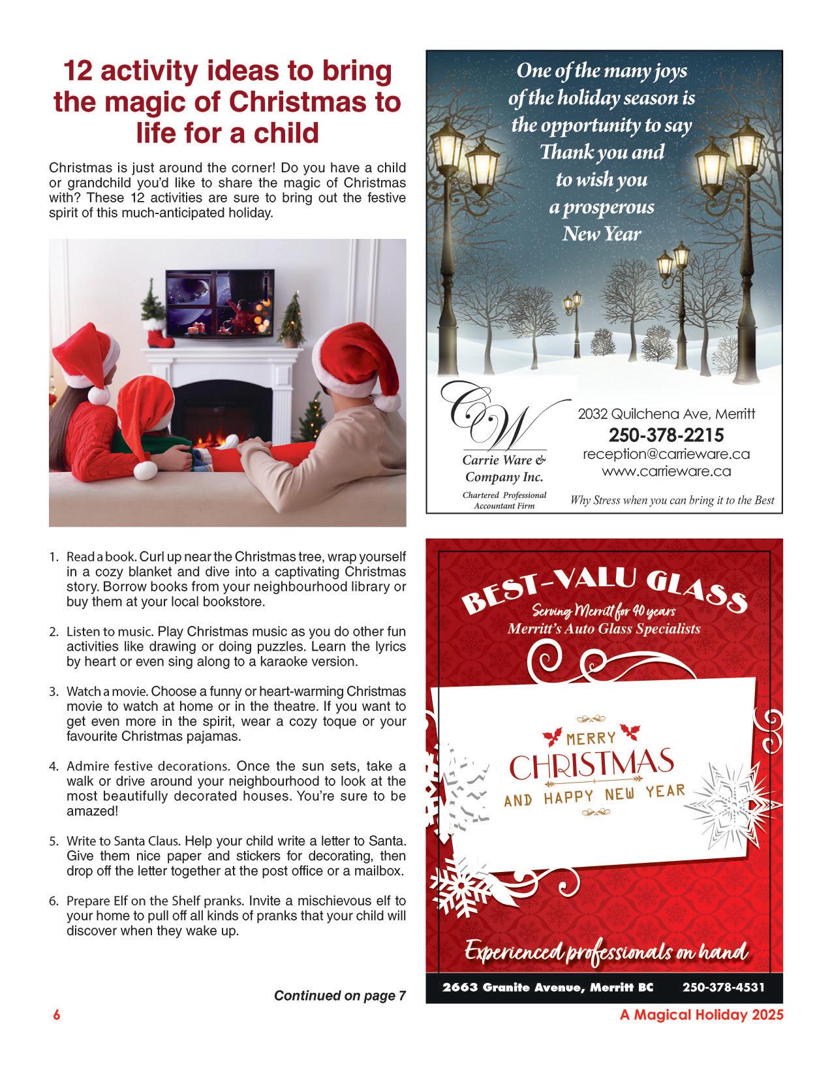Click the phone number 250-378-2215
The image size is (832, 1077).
(x=666, y=435)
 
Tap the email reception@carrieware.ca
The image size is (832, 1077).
(x=666, y=454)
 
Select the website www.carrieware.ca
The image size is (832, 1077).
(x=666, y=471)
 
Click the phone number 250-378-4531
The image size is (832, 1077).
(x=724, y=987)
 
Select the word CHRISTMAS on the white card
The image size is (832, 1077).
(x=591, y=766)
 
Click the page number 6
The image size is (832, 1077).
(x=57, y=1016)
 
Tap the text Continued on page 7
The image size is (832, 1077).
(x=340, y=995)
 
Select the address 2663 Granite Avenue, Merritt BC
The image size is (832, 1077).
(x=547, y=987)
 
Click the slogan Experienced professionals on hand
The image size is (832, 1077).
(x=606, y=952)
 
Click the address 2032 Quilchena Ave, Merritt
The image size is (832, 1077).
(x=666, y=414)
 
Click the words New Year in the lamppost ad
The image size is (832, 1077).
(x=602, y=234)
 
